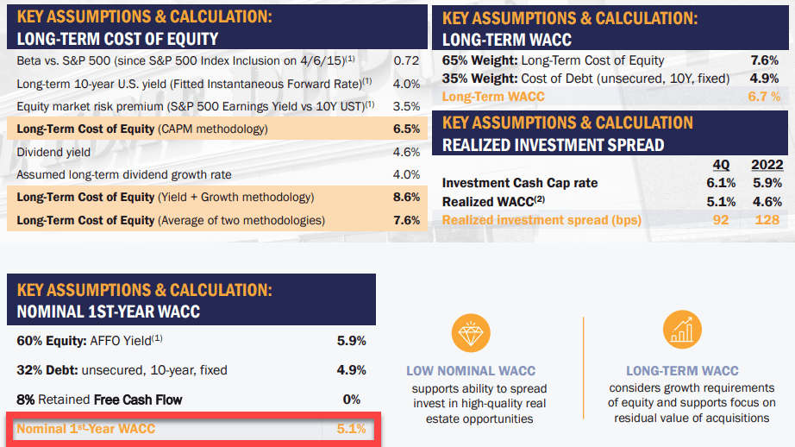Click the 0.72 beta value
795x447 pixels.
[x=405, y=61]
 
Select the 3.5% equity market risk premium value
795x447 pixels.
[x=406, y=106]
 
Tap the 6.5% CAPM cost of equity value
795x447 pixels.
[x=406, y=129]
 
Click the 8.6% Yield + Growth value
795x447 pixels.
[x=406, y=198]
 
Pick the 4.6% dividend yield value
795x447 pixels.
[x=406, y=152]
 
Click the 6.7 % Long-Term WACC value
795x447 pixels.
[x=763, y=97]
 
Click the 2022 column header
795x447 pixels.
[x=766, y=166]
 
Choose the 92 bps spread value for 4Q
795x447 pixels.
[x=721, y=220]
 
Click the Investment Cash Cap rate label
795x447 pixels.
[x=519, y=183]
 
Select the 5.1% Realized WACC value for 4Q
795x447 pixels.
[x=721, y=201]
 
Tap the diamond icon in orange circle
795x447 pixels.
[x=470, y=333]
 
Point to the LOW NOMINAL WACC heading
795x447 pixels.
[x=470, y=371]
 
